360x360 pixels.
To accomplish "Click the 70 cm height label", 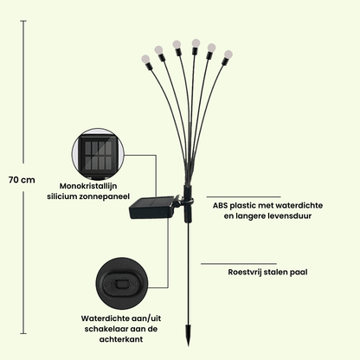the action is [x=22, y=180].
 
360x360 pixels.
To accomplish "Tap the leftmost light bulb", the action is [x=146, y=60].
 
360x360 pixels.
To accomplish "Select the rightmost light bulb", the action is [x=228, y=54].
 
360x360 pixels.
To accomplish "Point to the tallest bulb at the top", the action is [x=196, y=43].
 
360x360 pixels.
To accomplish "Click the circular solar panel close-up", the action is [x=98, y=155].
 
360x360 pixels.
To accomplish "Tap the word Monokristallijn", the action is [x=88, y=186].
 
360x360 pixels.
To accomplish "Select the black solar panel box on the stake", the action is [x=154, y=207].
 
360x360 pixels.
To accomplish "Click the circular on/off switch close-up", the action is [x=122, y=284].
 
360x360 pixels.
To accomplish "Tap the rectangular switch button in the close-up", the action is [x=122, y=284].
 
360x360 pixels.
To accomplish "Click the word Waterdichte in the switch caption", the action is [x=106, y=318].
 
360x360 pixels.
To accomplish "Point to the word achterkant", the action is [x=121, y=339].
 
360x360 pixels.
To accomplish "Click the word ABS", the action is [x=220, y=206].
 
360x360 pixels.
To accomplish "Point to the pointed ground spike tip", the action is [x=189, y=345].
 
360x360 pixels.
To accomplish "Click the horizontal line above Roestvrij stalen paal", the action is [x=239, y=264].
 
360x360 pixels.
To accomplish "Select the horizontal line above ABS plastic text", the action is [x=243, y=197].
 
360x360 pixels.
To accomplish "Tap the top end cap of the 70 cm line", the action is [x=23, y=21].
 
